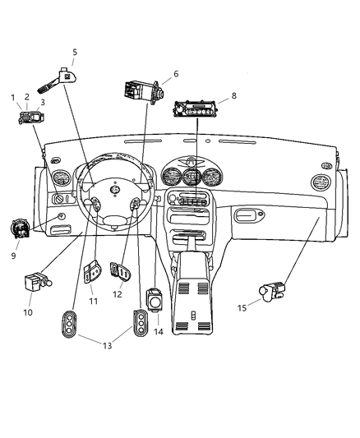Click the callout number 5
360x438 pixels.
75,52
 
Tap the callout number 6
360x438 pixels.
175,74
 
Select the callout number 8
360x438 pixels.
233,95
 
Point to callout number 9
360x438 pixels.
13,256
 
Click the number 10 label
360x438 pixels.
29,312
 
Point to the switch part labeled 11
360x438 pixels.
93,272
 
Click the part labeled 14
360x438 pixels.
155,300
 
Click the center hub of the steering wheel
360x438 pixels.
115,191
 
